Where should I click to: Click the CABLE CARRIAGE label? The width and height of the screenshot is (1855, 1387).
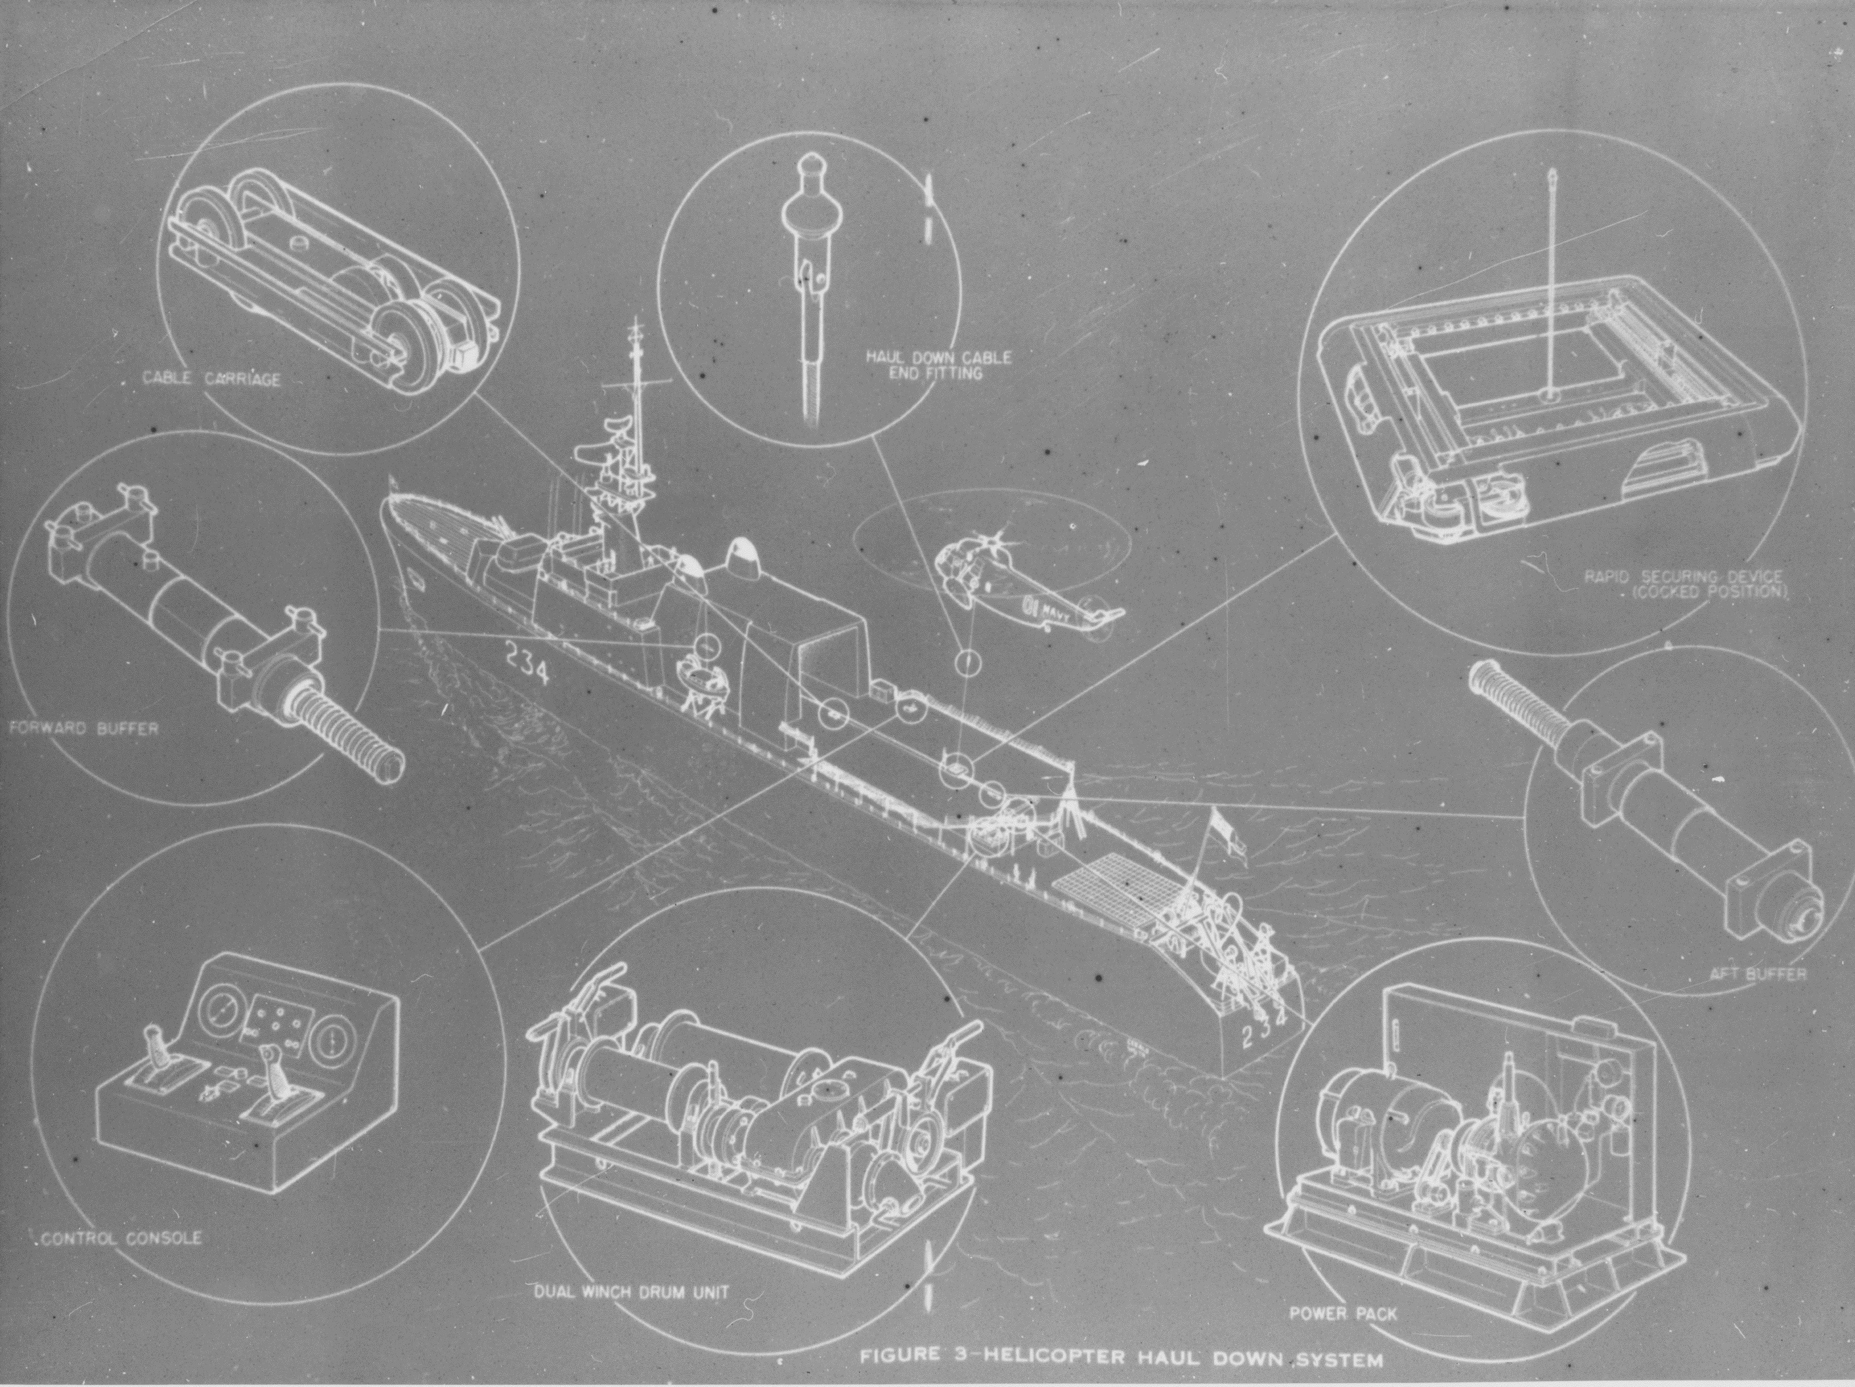(x=211, y=379)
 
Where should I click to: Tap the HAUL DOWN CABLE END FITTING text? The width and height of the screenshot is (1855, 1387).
(x=938, y=365)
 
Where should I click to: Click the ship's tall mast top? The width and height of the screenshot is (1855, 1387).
(x=636, y=323)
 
